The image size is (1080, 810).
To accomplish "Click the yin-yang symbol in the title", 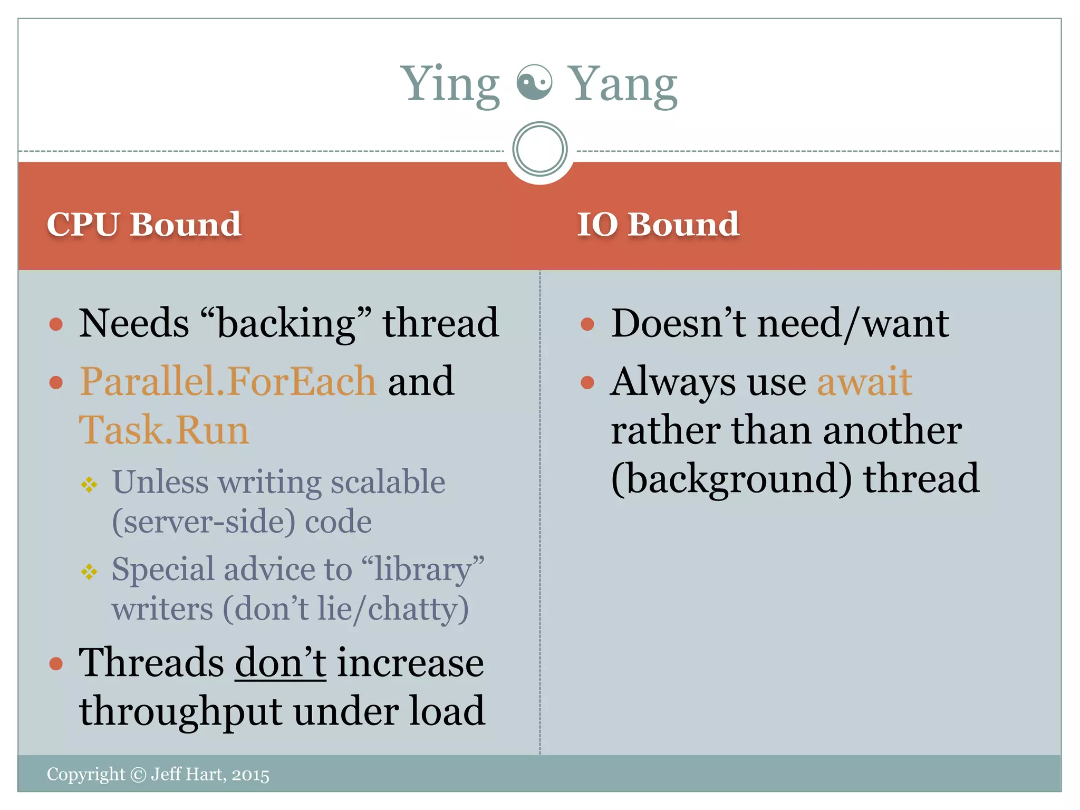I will (534, 83).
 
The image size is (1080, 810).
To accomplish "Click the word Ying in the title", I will (450, 84).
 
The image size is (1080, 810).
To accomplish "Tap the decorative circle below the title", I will (539, 149).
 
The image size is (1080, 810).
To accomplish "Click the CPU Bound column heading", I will (144, 224).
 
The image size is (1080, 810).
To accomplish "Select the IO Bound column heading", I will (658, 224).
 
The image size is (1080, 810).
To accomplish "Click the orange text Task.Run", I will (164, 430).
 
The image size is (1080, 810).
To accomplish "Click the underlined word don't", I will (281, 662).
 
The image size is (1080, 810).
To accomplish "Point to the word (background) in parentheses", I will (731, 478).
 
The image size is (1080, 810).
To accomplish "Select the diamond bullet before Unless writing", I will (89, 484).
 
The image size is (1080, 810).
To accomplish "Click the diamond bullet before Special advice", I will (89, 571).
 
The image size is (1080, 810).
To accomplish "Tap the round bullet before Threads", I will (56, 663).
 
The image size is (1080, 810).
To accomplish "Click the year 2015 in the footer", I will (250, 775).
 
